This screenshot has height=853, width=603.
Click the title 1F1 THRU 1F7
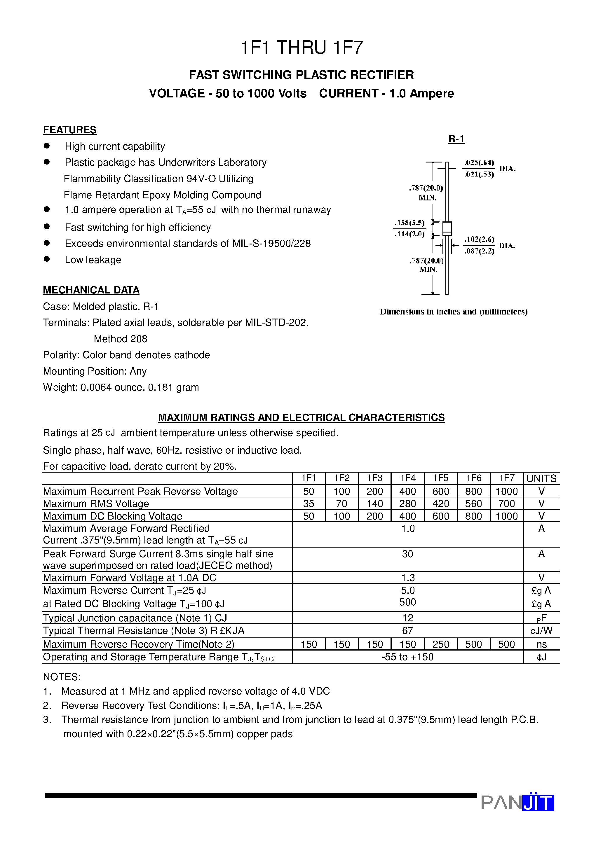[x=301, y=48]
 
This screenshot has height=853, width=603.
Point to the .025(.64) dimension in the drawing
[x=479, y=162]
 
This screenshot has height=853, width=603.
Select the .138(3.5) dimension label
[x=409, y=223]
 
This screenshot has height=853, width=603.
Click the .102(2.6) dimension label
[x=479, y=239]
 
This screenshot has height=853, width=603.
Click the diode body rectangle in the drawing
[x=447, y=228]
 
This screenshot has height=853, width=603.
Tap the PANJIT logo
[x=517, y=803]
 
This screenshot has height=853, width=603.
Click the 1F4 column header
[x=407, y=478]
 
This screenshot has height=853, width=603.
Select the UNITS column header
[x=541, y=478]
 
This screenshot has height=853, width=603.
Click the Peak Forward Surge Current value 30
[x=407, y=554]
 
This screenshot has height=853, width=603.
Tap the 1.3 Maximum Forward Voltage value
[x=407, y=578]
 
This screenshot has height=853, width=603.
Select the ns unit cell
[x=541, y=644]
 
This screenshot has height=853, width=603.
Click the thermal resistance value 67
[x=407, y=630]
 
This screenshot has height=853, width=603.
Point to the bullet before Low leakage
[x=47, y=259]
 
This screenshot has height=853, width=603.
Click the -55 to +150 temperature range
[x=407, y=657]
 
